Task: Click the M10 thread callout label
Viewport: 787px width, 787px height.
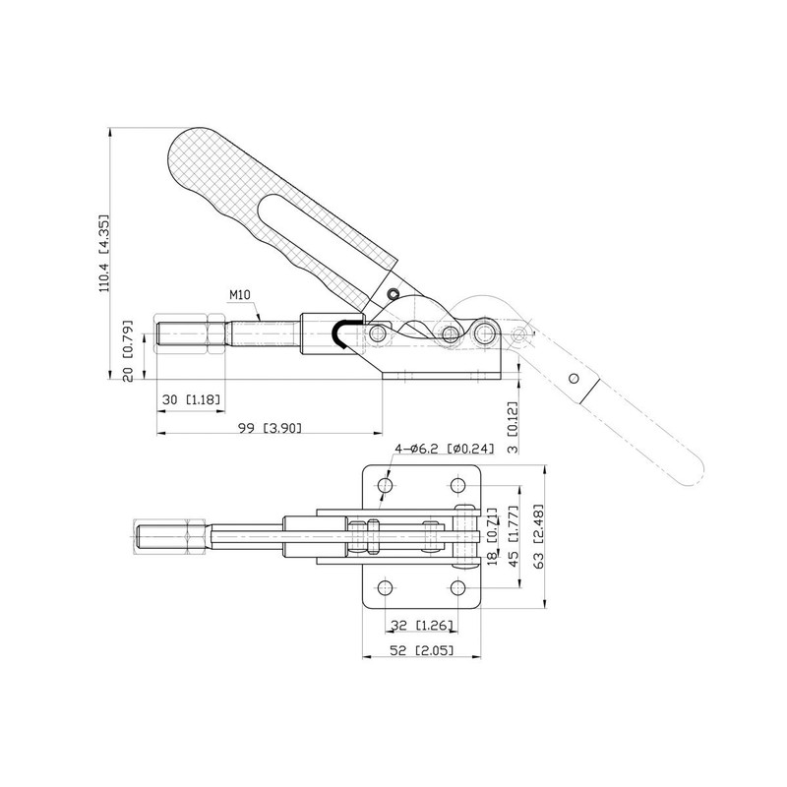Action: click(242, 295)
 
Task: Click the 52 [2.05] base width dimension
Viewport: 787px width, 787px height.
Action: click(421, 650)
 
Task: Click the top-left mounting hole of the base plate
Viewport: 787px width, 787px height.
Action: click(385, 486)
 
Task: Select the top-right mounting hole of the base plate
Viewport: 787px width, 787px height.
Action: click(457, 486)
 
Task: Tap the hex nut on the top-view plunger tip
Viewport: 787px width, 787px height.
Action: click(194, 536)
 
